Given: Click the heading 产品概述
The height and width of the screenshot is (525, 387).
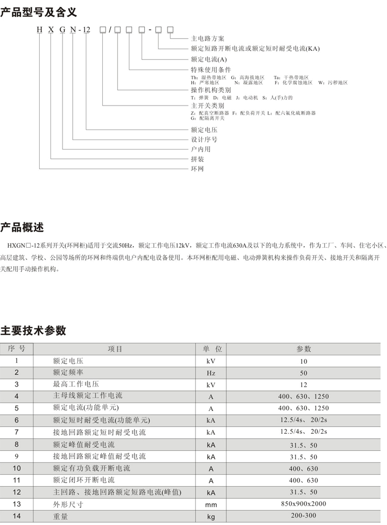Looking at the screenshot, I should point(22,227).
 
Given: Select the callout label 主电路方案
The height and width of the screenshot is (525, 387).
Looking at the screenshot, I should point(207,39).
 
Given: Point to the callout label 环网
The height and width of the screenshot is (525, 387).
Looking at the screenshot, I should point(197,169).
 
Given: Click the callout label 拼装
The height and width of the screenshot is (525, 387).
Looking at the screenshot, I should point(197,159).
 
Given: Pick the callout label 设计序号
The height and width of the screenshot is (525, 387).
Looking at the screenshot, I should point(204,139).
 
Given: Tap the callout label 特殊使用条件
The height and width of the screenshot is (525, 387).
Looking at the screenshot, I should point(210,69).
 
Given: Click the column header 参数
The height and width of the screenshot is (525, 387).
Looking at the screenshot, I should point(303,349).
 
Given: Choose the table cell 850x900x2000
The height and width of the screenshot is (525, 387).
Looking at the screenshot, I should point(303,503).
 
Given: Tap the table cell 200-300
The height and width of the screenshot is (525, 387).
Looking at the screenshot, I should point(303,515).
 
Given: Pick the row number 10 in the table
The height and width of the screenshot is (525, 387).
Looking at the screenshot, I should point(16,468).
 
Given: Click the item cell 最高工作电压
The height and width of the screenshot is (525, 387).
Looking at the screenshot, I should point(76,384).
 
